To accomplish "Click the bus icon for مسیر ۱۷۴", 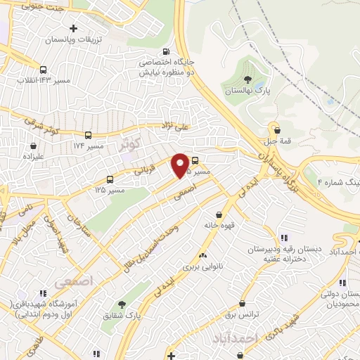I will (x=88, y=135).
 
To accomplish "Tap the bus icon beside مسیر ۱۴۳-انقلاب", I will (x=44, y=70).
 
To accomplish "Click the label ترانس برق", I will (x=243, y=316).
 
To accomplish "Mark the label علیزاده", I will (x=33, y=155).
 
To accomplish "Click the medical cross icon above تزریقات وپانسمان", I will (x=73, y=28).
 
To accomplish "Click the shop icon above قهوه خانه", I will (x=219, y=214).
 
